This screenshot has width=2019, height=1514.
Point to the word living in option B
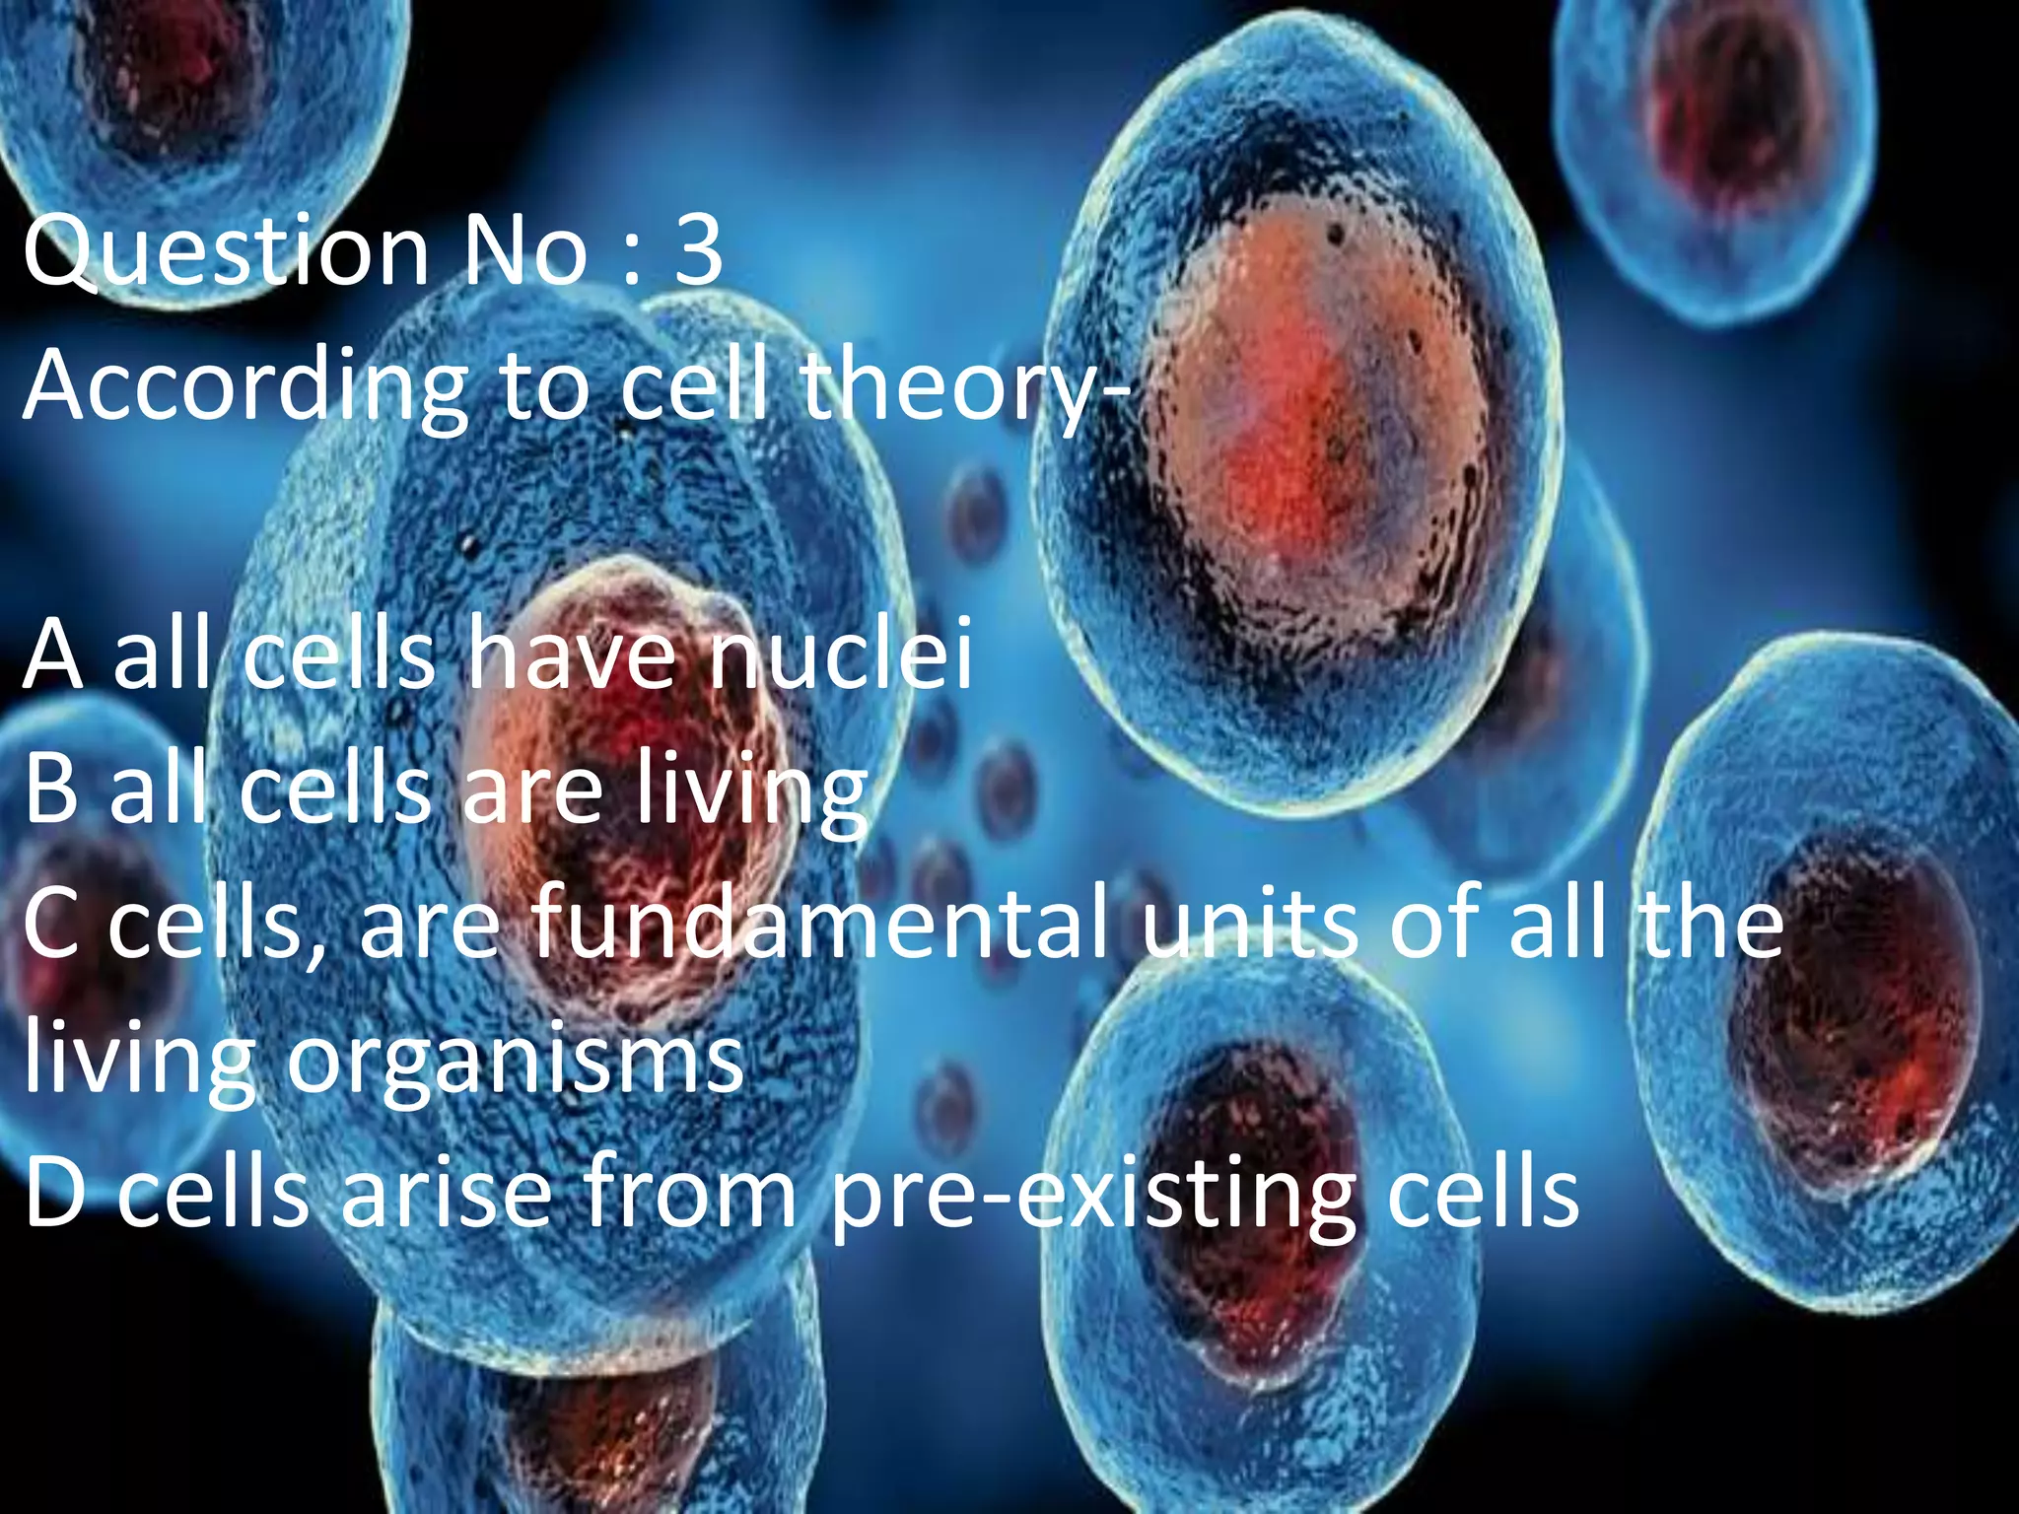click(749, 794)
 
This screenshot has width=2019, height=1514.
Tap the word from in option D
click(690, 1195)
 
